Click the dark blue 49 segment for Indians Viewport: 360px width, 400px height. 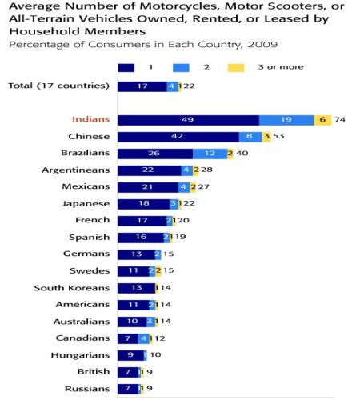point(188,120)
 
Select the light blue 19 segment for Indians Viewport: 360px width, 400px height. point(286,120)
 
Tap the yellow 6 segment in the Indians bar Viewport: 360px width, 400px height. point(322,120)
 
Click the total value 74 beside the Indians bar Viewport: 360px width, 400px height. point(340,119)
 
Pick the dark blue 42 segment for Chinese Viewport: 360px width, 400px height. point(178,137)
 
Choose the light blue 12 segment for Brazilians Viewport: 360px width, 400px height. point(210,154)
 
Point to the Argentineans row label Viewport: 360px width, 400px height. point(76,170)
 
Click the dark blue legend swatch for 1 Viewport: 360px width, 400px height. point(126,67)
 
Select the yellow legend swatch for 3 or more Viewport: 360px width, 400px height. point(236,67)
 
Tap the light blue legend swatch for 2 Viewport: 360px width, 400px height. point(181,67)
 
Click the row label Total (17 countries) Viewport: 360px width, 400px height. point(59,86)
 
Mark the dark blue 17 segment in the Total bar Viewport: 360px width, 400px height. point(142,86)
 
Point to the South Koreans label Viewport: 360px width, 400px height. point(72,288)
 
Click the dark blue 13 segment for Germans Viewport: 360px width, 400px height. point(137,254)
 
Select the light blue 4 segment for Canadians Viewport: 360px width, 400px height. point(144,338)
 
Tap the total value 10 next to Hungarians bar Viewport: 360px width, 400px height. point(156,355)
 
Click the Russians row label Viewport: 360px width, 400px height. point(87,389)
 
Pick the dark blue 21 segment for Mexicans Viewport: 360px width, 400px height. point(148,187)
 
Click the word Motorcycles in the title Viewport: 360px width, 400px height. point(178,6)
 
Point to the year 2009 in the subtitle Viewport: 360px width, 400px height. point(262,45)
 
